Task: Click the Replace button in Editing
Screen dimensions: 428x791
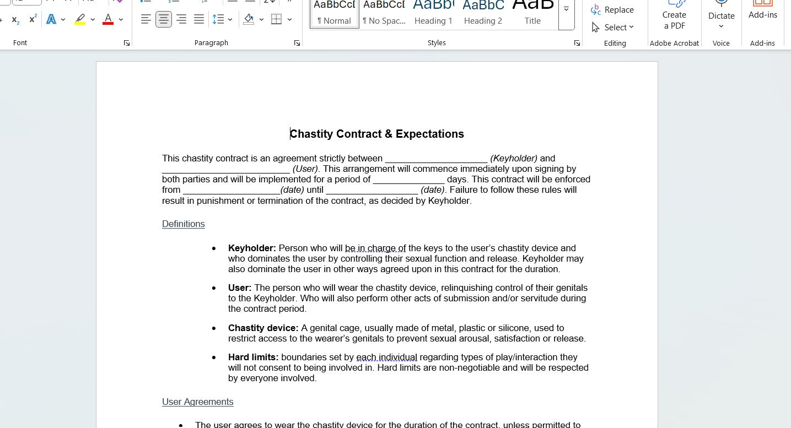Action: [612, 10]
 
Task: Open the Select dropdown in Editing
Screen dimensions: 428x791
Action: [612, 27]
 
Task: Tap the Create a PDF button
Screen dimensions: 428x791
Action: [674, 17]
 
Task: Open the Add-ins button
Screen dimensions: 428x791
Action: [763, 11]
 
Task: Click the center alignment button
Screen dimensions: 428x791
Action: [164, 20]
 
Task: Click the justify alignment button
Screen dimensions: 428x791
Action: [199, 20]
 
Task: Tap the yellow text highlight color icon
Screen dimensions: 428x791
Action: [80, 20]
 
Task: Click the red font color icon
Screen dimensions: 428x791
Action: [108, 20]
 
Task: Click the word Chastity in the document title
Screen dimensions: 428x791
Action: [312, 134]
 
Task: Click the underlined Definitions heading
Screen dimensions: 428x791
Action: [184, 224]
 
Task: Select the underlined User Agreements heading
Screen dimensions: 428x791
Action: [198, 402]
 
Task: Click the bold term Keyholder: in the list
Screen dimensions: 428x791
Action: [252, 248]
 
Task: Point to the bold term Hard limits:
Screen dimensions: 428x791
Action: [253, 357]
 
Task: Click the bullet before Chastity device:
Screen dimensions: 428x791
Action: [214, 328]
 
